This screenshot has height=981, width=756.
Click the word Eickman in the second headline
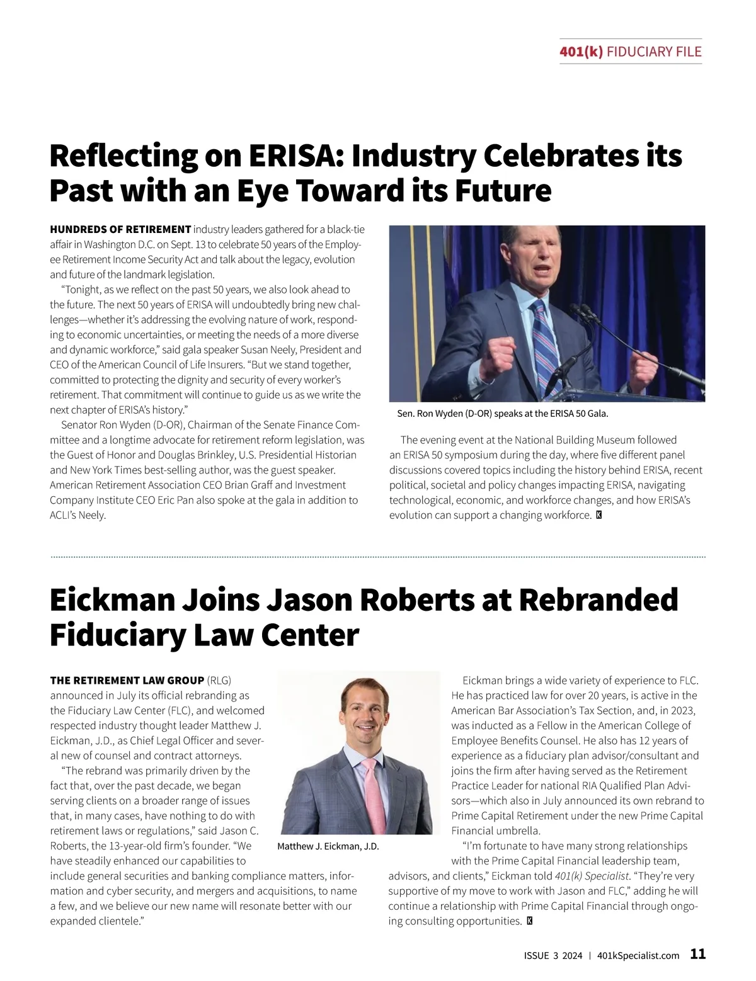111,599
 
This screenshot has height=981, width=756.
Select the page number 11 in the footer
698,954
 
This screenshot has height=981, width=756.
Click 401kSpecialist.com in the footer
638,955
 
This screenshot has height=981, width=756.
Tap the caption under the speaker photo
503,414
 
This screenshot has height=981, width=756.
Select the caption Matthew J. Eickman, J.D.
328,846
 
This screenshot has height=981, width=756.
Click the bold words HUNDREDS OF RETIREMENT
120,229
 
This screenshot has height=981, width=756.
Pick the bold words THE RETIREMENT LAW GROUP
127,681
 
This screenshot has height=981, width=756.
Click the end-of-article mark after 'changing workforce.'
599,515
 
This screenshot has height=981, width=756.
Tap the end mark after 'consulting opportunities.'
529,921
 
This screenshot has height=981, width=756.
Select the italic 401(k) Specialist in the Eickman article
591,876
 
